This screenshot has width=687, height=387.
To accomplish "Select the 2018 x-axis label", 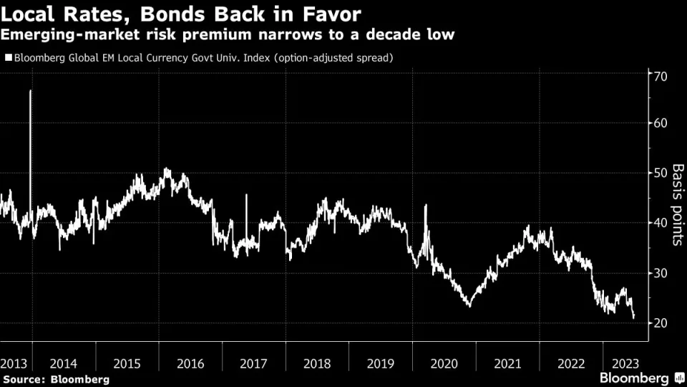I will (x=317, y=363).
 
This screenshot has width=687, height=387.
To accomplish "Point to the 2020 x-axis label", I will (x=444, y=363).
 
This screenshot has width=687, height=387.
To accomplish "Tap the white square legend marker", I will (x=8, y=57).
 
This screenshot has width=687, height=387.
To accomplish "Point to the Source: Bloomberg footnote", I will (x=57, y=378).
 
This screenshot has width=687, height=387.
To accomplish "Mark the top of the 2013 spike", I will (x=30, y=91).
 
